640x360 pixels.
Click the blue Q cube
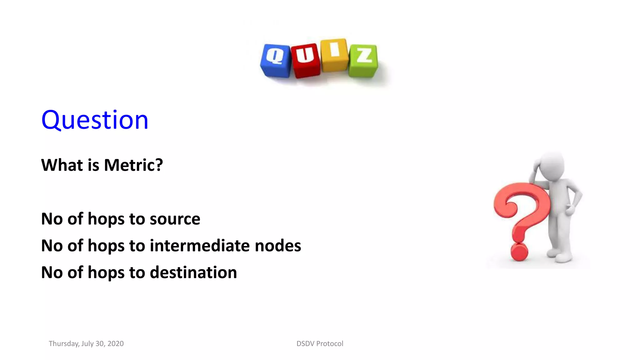(x=276, y=61)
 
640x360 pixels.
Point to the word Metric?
(x=133, y=165)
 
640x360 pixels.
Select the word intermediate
(x=200, y=246)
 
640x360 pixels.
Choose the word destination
(x=193, y=272)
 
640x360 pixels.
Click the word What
(x=62, y=165)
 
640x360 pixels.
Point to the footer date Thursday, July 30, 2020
(x=86, y=343)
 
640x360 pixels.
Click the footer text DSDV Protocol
(x=320, y=343)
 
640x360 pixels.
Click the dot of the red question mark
(x=519, y=252)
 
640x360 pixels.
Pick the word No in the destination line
(x=52, y=272)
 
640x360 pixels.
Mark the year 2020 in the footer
(x=115, y=343)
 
